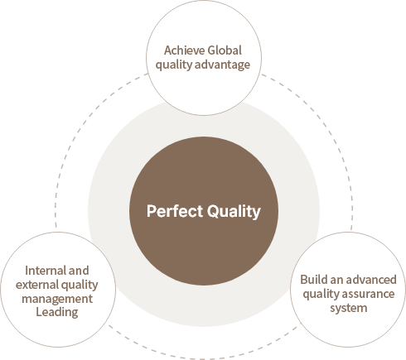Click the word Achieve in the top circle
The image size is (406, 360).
184,50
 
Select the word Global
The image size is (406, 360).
225,50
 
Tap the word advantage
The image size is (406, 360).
222,65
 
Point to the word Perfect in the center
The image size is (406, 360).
175,211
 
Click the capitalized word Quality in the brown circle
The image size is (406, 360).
234,212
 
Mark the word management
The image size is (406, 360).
57,299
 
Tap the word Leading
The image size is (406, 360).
57,313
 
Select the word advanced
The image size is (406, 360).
370,280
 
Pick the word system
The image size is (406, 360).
349,309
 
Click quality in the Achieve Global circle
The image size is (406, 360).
174,65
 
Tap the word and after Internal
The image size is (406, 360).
79,271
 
